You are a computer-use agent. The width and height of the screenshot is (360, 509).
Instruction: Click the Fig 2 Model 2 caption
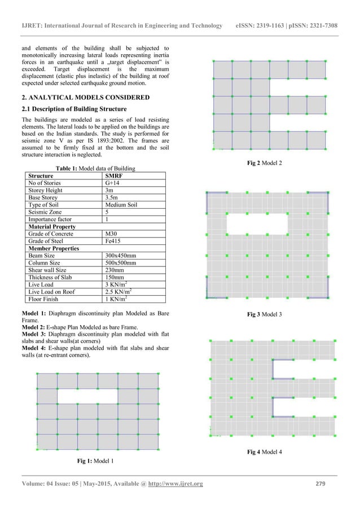click(x=265, y=163)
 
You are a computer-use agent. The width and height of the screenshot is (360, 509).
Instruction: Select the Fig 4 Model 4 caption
click(x=265, y=452)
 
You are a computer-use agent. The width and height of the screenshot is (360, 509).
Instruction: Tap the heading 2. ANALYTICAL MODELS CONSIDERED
click(x=85, y=98)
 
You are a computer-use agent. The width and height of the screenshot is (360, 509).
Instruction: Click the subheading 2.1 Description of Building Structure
click(x=74, y=109)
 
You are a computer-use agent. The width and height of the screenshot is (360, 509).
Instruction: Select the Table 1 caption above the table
click(x=95, y=168)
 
